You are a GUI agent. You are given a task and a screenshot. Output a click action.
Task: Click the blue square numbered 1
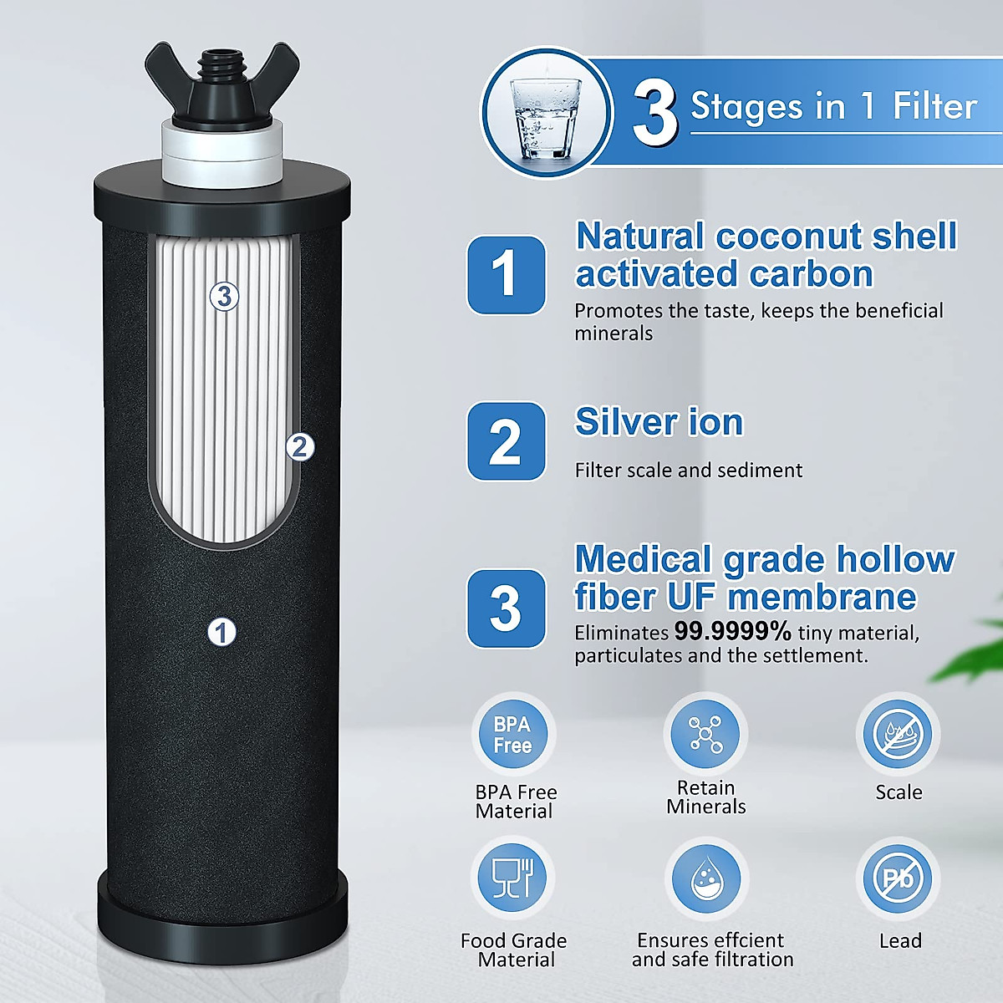pos(506,274)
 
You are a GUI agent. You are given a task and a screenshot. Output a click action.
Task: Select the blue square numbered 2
pos(506,441)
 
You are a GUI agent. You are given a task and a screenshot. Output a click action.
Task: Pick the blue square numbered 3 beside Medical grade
pos(506,608)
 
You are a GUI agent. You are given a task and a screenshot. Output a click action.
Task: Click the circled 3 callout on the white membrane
pos(224,295)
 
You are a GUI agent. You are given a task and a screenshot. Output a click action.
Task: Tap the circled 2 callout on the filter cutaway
pos(300,447)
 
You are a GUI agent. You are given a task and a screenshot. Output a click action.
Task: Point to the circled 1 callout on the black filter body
pos(221,632)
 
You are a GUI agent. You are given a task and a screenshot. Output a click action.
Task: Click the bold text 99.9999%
pos(732,632)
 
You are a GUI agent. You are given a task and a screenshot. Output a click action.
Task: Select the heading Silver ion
pos(659,422)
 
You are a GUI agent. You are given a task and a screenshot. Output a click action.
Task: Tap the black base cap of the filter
pos(221,911)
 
